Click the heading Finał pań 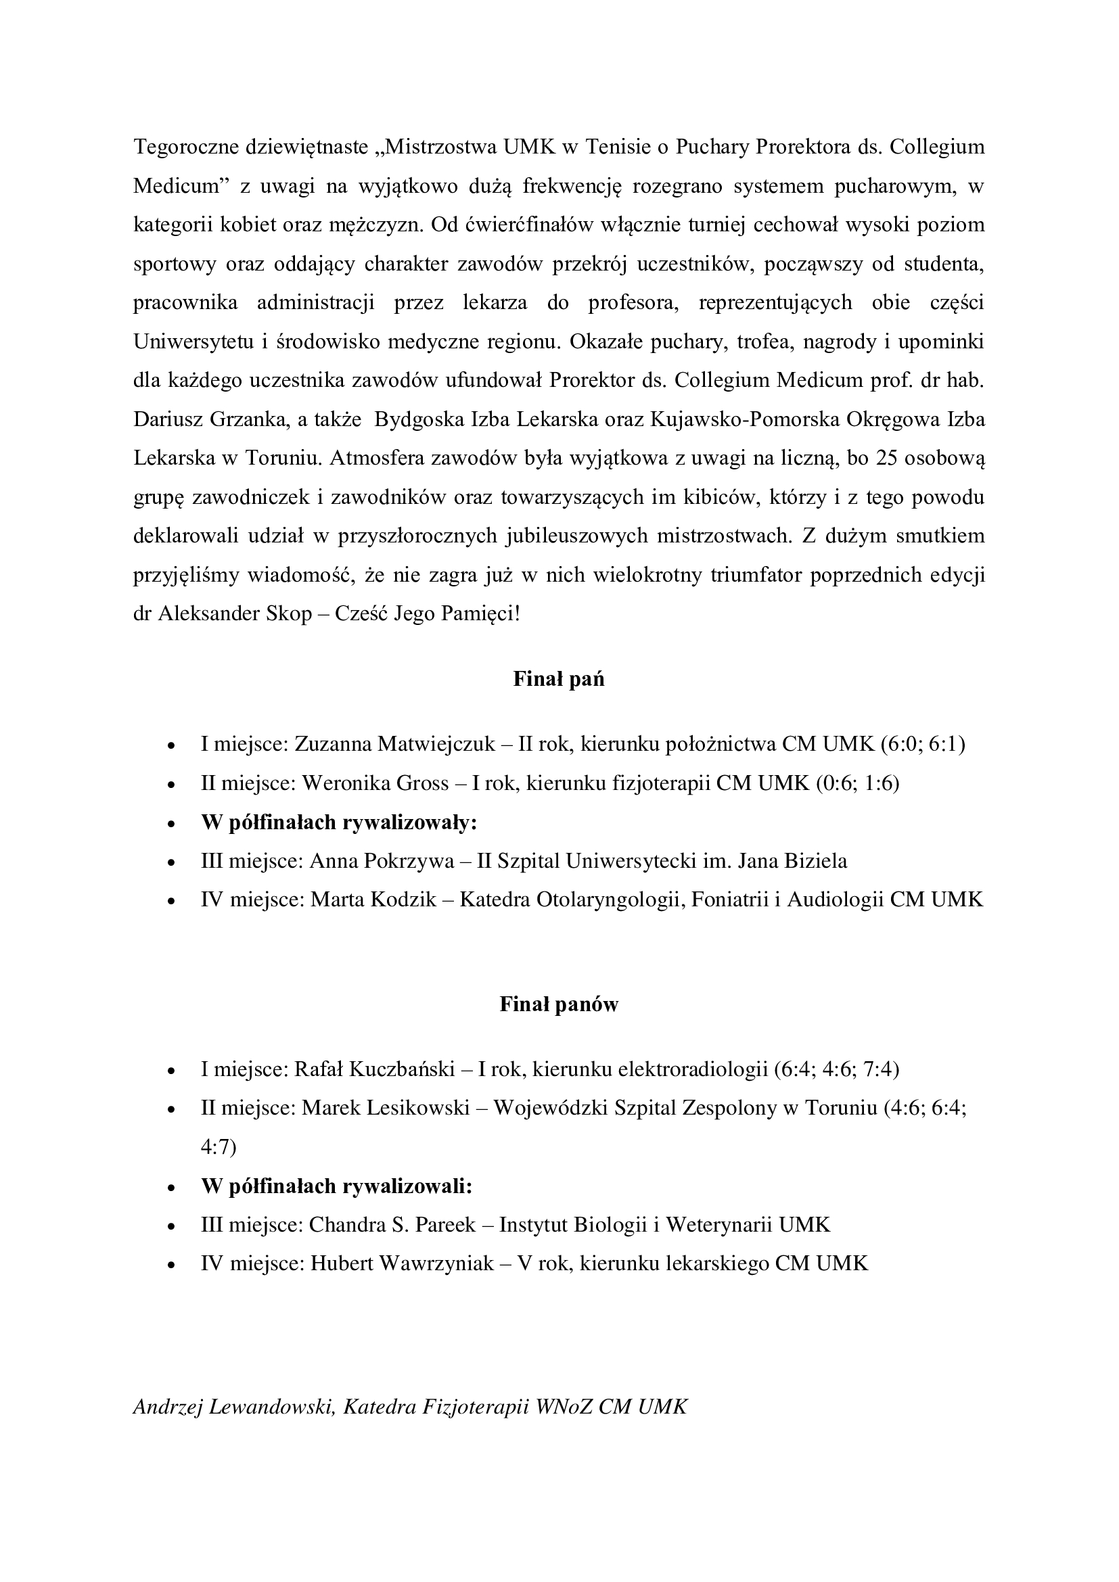559,679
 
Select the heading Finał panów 559,1004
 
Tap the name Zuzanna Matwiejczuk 395,744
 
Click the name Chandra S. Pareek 392,1225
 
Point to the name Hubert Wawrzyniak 403,1263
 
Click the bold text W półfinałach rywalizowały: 339,822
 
